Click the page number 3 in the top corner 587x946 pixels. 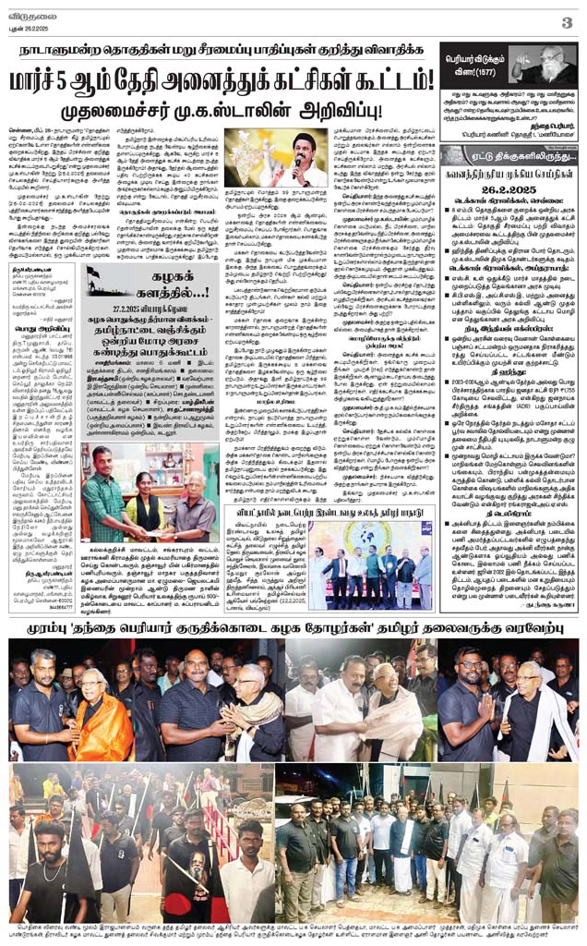click(x=567, y=21)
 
